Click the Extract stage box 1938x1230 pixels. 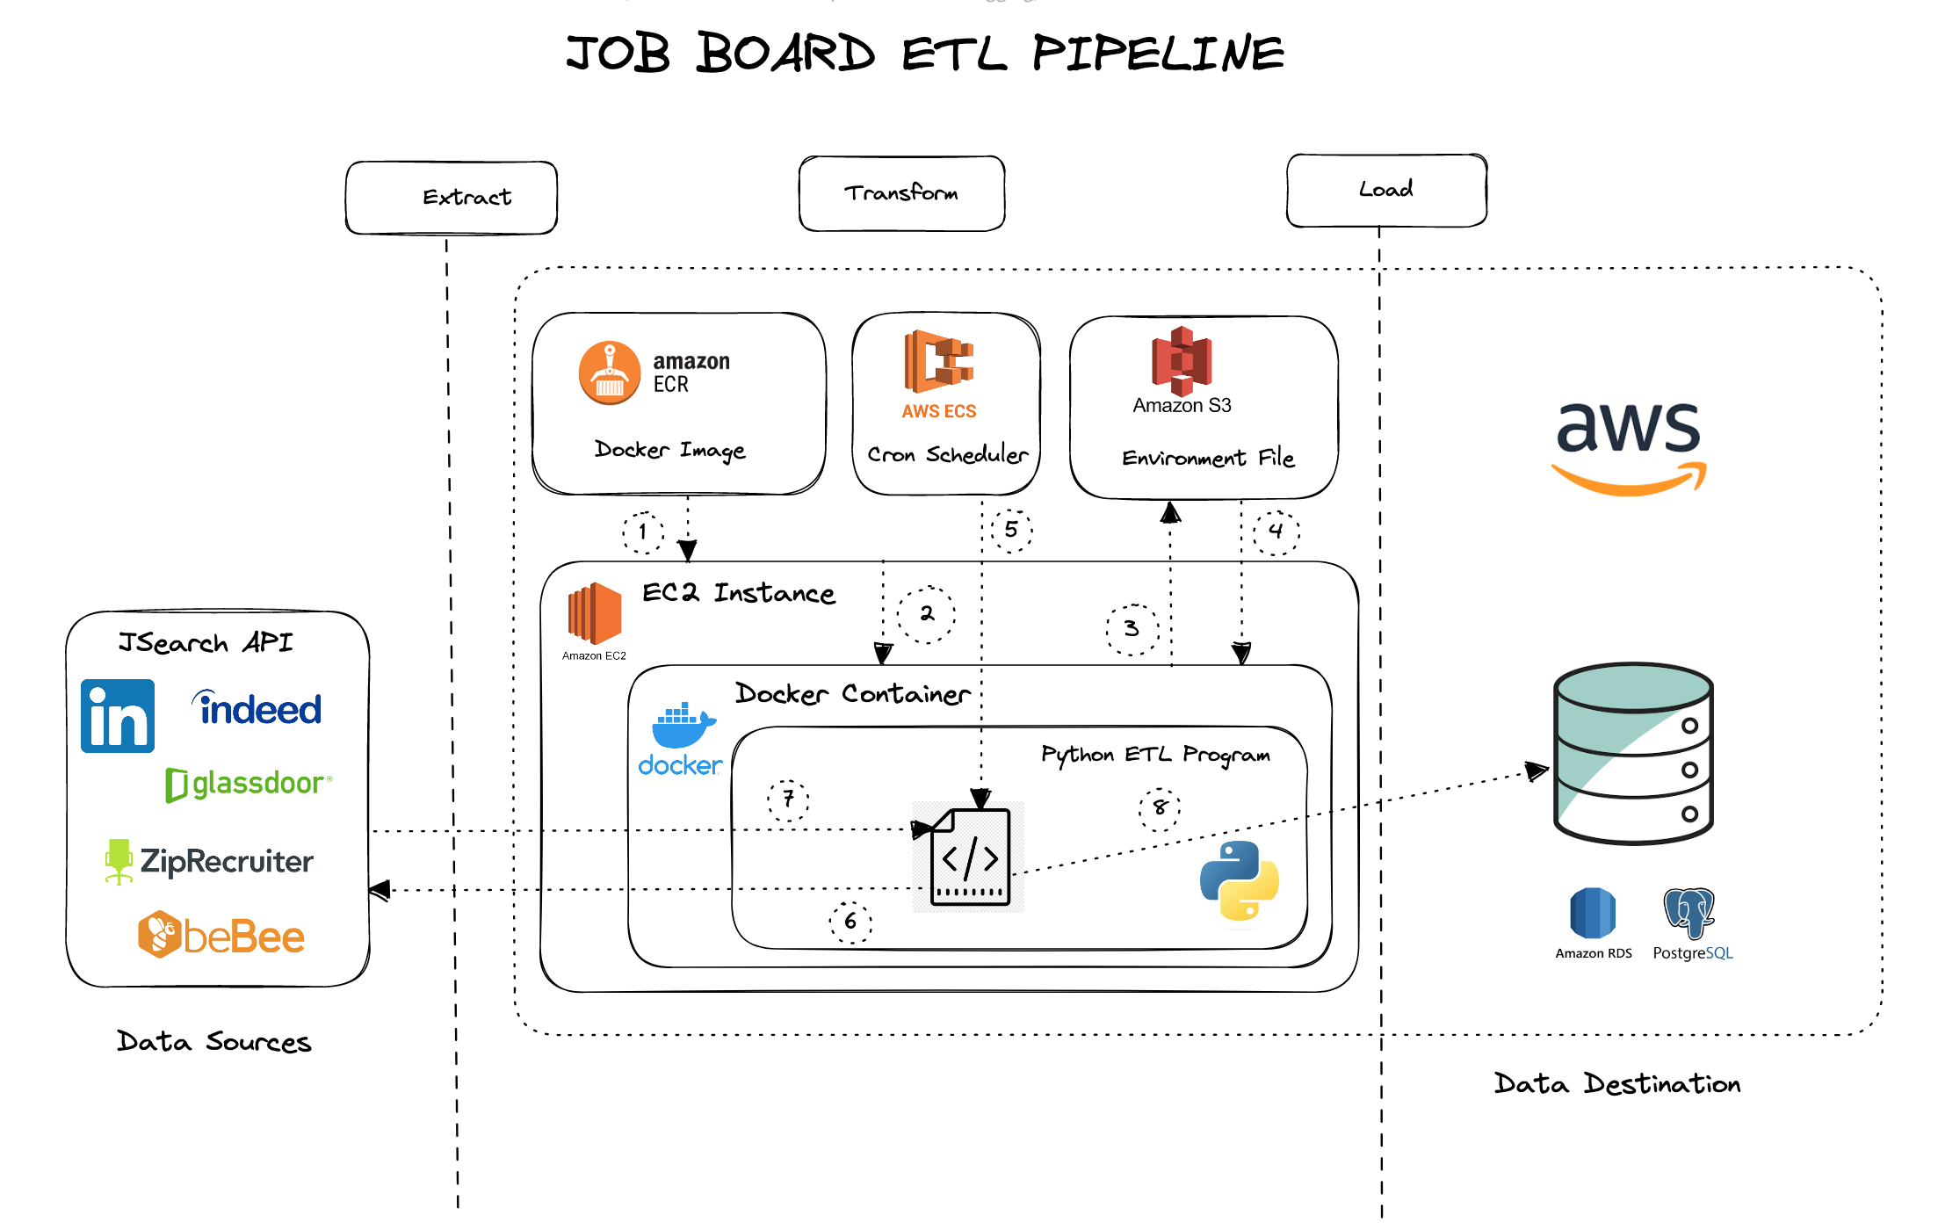tap(452, 198)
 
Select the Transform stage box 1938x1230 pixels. tap(901, 194)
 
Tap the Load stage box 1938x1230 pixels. tap(1386, 191)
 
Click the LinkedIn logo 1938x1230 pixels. tap(118, 716)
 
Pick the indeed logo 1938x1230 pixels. tap(257, 709)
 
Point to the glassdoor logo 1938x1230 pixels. tap(249, 784)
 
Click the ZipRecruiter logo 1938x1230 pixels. tap(209, 861)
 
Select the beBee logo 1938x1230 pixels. tap(221, 936)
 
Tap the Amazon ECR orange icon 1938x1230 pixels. tap(610, 373)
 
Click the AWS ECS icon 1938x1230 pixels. tap(939, 361)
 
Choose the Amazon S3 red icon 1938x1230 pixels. tap(1182, 361)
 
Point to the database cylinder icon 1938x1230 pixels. tap(1633, 754)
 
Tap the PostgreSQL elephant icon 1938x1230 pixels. tap(1689, 914)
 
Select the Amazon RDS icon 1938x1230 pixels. tap(1593, 914)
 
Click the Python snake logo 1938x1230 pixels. tap(1239, 881)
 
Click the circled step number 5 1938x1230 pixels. tap(1011, 530)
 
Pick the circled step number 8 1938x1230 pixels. tap(1160, 807)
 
